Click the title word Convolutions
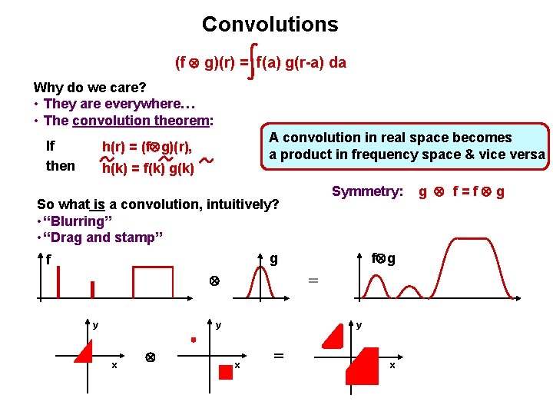point(270,24)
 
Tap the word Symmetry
point(366,191)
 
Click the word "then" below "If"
point(61,166)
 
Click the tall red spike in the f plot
point(58,279)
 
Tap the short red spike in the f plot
point(92,289)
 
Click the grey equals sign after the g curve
point(313,281)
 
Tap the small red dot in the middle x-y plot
point(194,338)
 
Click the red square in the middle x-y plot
point(225,372)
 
